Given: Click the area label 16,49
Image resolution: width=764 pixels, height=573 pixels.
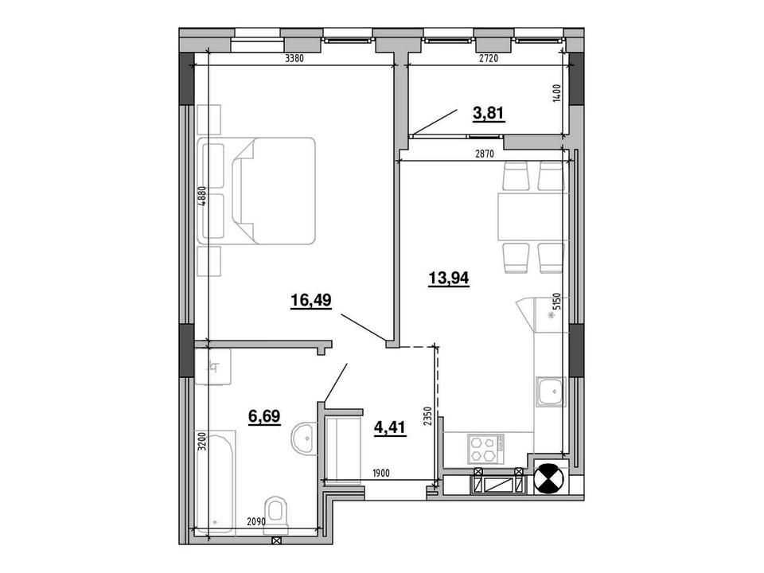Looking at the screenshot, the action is [311, 301].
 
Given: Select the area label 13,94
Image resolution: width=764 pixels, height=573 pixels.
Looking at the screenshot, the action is [448, 279].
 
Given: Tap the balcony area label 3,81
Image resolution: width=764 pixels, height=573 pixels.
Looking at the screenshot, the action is [488, 113].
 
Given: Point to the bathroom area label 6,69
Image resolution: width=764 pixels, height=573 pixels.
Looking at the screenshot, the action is [264, 416].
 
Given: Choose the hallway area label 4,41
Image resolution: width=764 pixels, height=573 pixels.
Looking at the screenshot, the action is [390, 428].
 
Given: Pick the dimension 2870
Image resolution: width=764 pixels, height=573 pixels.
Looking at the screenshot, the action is [485, 154].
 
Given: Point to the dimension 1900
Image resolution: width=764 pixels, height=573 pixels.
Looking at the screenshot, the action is [380, 473].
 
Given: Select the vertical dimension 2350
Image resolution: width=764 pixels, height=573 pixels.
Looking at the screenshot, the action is [428, 416].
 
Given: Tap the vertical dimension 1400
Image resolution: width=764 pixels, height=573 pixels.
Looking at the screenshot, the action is [557, 92].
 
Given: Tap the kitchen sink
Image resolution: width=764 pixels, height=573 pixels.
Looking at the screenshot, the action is [550, 392].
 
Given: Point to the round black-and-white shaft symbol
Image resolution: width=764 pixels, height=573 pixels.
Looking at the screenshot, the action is [549, 479].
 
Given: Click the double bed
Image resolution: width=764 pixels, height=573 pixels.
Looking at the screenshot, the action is [257, 190].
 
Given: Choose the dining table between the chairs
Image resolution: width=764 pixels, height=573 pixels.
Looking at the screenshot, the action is [533, 216].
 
